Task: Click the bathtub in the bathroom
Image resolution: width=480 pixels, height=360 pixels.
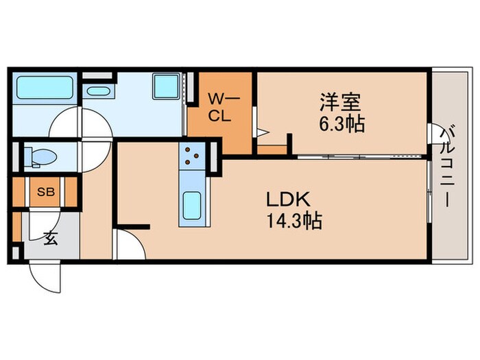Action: click(45, 88)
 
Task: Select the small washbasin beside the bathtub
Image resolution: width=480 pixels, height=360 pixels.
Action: click(92, 91)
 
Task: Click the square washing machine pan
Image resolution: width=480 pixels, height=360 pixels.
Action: click(165, 86)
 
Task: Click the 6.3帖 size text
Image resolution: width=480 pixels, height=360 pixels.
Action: click(341, 124)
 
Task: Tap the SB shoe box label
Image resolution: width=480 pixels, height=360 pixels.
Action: click(45, 193)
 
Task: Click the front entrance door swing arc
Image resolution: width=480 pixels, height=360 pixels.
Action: click(45, 276)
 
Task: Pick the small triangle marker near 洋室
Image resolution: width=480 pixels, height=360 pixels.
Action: click(261, 132)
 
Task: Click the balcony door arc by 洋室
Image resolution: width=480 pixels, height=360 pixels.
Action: click(431, 132)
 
